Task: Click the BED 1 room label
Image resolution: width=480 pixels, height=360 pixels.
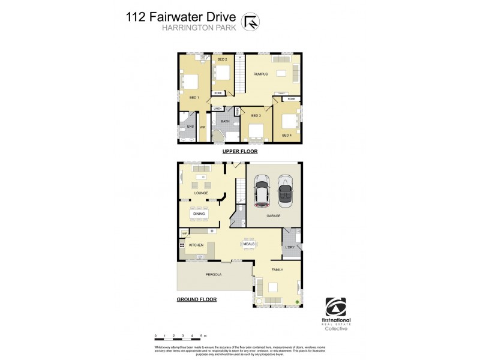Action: pos(193,97)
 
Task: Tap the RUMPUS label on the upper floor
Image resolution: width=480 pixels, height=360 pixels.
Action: pos(259,74)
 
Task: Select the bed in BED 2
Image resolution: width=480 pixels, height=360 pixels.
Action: pos(223,74)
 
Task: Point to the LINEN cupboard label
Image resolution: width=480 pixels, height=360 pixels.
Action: pos(217,109)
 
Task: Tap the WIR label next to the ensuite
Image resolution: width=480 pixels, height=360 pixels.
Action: pos(202,127)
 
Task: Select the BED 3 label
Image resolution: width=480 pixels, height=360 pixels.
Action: pos(255,115)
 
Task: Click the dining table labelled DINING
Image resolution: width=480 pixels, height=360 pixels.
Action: pos(199,213)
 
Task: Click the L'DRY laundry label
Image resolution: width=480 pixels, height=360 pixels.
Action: pos(290,247)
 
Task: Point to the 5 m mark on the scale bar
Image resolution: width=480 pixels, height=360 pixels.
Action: pos(203,335)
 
